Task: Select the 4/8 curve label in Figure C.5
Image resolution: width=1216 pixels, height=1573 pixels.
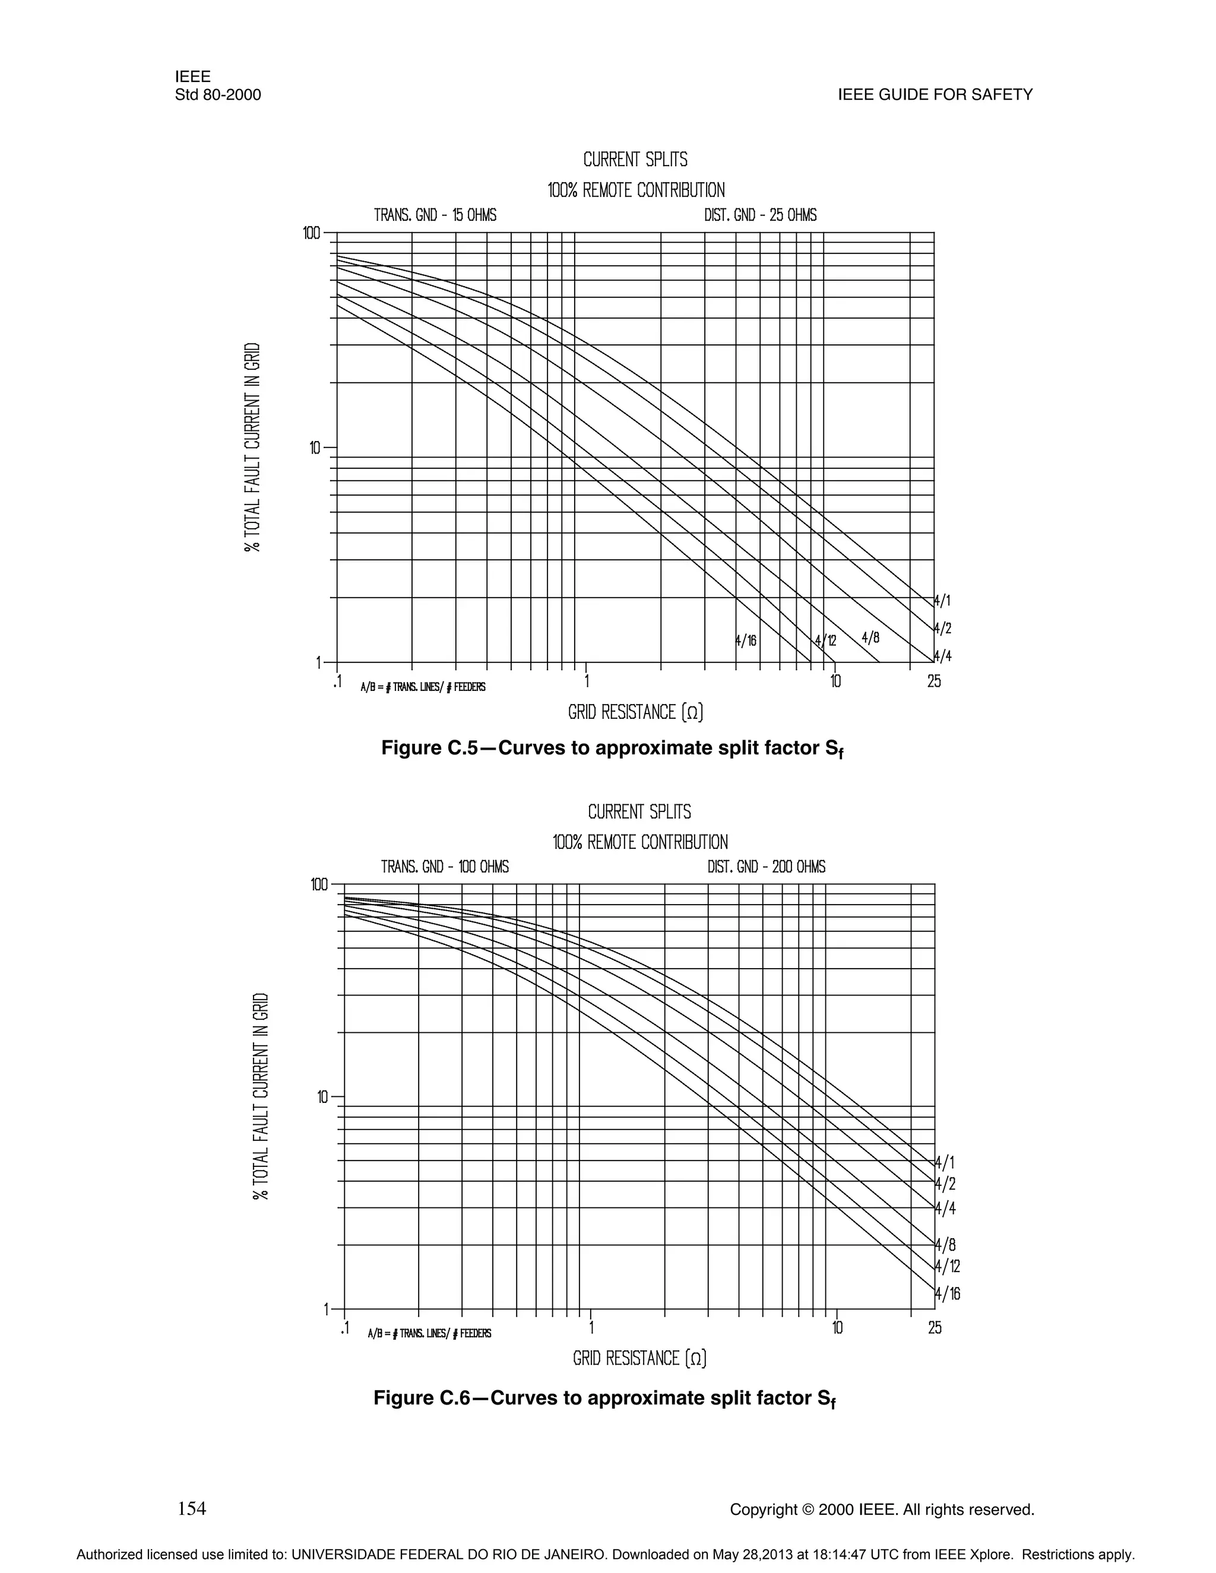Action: point(870,638)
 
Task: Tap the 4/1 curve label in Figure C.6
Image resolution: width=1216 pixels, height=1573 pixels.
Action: point(945,1162)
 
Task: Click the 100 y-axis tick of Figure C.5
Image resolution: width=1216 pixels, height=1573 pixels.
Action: point(311,233)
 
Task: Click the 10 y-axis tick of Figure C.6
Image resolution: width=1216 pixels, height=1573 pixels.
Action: point(322,1097)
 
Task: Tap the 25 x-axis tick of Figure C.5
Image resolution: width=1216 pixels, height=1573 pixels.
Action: point(933,681)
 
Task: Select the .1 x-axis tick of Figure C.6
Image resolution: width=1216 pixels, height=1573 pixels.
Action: point(344,1327)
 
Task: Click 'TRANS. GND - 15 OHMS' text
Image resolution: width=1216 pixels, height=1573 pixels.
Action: point(435,215)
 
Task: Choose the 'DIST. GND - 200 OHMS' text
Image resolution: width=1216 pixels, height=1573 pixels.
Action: point(766,867)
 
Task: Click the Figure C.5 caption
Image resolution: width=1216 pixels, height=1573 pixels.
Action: point(612,749)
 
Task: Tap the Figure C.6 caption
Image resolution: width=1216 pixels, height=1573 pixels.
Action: point(604,1398)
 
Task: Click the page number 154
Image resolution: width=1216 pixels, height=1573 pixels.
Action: point(192,1508)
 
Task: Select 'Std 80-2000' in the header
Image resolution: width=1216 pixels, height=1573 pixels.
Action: point(217,95)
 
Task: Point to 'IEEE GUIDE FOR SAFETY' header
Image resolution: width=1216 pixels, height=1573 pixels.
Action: point(935,95)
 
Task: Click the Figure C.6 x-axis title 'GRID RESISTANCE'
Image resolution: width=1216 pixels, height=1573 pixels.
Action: point(639,1358)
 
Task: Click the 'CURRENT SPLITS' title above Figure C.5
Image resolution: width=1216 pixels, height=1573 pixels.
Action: point(635,159)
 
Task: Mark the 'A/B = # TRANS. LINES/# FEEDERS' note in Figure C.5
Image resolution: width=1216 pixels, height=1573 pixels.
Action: point(423,687)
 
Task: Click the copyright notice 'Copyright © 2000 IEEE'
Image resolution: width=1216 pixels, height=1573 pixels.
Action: point(882,1509)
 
